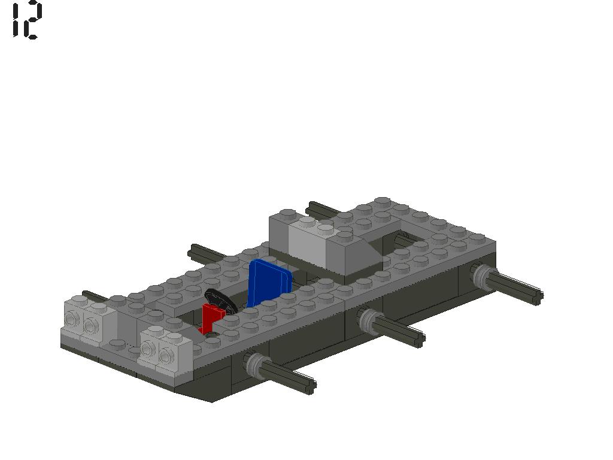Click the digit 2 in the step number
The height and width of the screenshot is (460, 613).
pyautogui.click(x=34, y=20)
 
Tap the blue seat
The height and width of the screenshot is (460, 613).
pyautogui.click(x=268, y=283)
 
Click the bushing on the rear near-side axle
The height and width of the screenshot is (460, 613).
pyautogui.click(x=482, y=276)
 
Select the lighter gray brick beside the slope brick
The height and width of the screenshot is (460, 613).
pyautogui.click(x=308, y=243)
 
